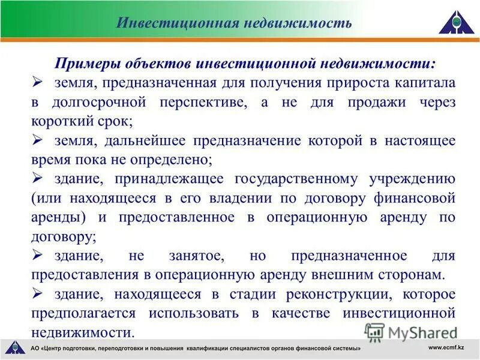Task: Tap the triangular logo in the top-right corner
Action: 456,22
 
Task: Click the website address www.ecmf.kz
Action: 449,347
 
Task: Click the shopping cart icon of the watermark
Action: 374,331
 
